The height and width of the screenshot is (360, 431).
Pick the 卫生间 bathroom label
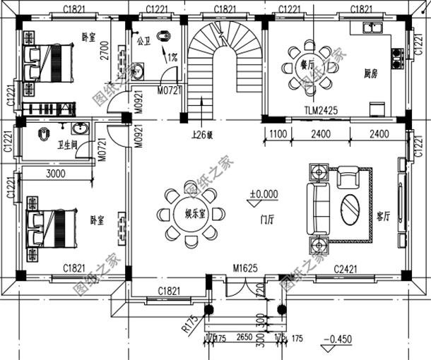[x=67, y=145]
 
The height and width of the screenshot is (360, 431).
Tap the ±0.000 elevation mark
[x=264, y=193]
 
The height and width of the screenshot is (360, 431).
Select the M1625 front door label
[x=244, y=269]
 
